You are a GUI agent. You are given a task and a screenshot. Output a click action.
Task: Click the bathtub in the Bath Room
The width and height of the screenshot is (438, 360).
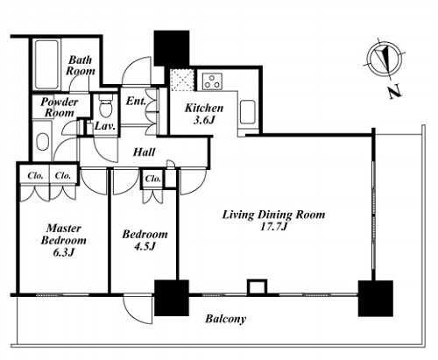[46, 64]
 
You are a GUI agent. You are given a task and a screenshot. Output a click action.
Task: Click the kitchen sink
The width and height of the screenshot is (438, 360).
[248, 112]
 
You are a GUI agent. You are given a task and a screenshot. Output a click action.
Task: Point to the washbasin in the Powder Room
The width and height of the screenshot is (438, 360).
[42, 142]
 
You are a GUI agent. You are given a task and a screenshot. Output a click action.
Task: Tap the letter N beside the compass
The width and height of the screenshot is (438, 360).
[395, 92]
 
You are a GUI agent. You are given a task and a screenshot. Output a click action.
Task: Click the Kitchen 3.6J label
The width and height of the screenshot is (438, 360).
[204, 114]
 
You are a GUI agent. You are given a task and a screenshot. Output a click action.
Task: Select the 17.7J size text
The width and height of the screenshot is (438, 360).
[273, 227]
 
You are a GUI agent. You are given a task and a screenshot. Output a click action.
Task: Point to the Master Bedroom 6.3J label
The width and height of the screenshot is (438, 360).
[64, 240]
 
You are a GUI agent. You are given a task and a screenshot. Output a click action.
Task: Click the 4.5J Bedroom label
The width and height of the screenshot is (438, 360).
[145, 240]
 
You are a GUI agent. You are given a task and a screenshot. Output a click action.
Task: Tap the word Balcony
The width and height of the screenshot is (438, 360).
[225, 319]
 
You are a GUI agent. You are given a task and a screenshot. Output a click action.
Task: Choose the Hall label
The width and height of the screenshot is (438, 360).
[144, 152]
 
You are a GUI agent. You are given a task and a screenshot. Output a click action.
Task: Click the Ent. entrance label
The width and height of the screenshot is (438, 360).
[136, 102]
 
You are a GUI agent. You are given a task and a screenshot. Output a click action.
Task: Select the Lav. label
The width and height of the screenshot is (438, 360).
[105, 126]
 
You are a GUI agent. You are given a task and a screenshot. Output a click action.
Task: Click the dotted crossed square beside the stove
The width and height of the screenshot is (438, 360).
[182, 80]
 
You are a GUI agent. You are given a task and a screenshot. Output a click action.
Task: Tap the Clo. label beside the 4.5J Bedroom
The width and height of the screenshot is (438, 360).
[153, 179]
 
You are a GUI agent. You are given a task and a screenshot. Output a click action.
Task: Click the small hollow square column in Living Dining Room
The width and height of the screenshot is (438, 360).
[258, 287]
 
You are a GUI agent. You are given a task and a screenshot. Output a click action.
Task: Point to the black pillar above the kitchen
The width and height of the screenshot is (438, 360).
[172, 48]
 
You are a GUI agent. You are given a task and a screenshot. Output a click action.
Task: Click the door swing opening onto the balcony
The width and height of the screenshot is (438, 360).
[138, 309]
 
